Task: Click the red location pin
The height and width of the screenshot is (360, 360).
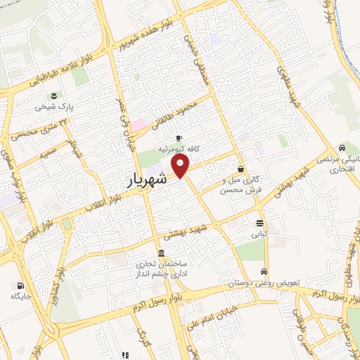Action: click(x=181, y=165)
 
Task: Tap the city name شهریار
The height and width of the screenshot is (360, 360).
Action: click(x=148, y=179)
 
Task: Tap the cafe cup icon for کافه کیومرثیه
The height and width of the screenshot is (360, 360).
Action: click(x=179, y=138)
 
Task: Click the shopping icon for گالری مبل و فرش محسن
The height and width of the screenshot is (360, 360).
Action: click(x=241, y=169)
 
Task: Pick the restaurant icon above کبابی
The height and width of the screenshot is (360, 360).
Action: click(x=260, y=224)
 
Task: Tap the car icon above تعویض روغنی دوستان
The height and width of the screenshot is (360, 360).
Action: click(x=264, y=272)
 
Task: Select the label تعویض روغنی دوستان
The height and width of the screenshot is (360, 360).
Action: click(x=264, y=283)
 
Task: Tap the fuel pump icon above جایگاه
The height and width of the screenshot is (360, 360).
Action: click(x=20, y=285)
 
